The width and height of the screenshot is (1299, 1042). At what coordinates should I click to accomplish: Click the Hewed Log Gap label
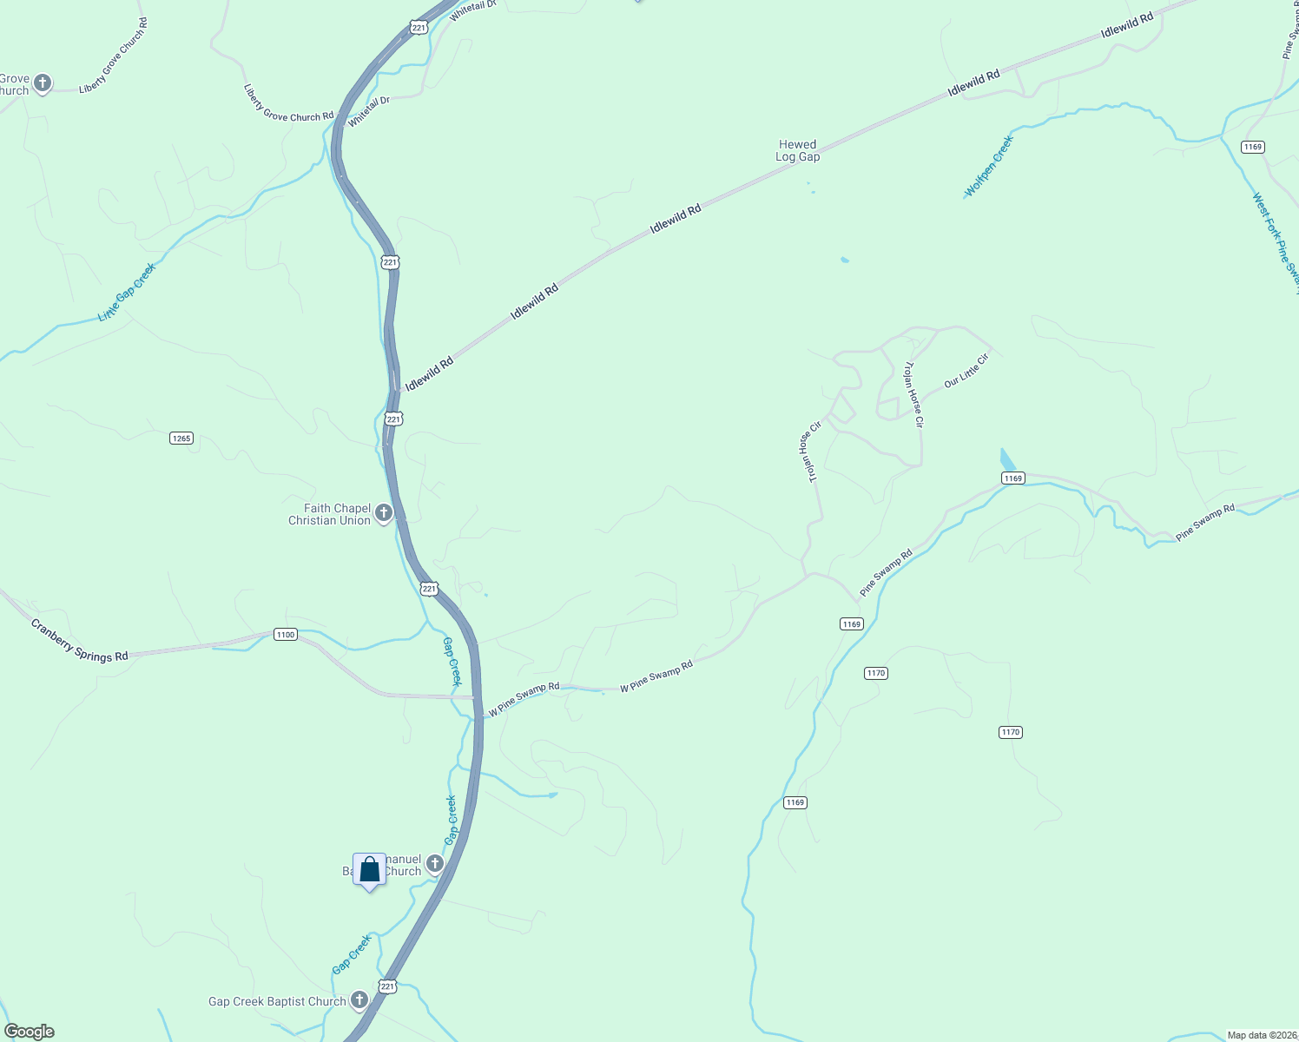pos(797,151)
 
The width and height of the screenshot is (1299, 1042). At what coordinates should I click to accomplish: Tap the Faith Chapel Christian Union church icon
pos(383,514)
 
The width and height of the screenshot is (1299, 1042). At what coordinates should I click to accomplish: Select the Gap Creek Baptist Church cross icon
pos(359,1001)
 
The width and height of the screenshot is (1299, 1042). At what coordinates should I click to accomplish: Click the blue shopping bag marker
pos(369,870)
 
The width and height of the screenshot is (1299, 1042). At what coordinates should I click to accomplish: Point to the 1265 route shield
pos(181,439)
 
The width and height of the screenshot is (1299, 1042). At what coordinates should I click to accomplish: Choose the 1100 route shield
pos(286,635)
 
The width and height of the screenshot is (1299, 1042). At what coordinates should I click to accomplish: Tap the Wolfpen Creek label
pos(989,166)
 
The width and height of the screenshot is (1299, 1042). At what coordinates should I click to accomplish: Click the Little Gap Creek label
pos(127,292)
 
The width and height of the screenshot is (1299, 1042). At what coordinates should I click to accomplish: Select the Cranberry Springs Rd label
pos(79,640)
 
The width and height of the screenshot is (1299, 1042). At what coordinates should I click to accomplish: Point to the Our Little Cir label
pos(966,370)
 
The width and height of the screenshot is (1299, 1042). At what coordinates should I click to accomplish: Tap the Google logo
pos(30,1032)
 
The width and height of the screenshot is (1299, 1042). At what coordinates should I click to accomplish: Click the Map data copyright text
pos(1262,1035)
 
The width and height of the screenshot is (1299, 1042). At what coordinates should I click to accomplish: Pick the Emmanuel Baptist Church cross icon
pos(435,863)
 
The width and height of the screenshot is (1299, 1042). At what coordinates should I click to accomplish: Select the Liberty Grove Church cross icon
pos(42,84)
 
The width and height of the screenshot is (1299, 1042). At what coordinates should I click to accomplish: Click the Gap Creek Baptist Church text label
pos(277,1002)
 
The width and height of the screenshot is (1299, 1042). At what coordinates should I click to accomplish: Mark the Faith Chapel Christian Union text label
pos(330,514)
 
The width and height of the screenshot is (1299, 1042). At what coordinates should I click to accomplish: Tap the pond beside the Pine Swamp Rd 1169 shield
pos(1007,459)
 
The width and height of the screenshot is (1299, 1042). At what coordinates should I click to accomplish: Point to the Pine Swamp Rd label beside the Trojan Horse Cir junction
pos(886,573)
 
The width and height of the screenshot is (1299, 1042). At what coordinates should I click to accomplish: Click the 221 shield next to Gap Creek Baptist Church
pos(387,986)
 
